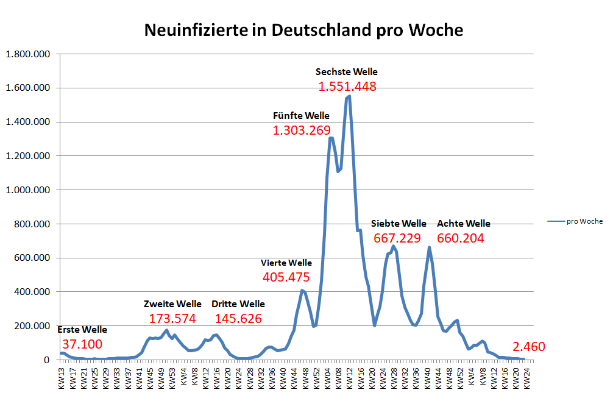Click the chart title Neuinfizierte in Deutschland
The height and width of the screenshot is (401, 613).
(303, 30)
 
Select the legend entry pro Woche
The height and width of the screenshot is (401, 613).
(584, 221)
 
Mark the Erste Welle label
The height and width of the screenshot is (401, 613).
(82, 329)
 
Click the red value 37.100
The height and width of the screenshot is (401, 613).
(82, 344)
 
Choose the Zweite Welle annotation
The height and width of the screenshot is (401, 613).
(172, 303)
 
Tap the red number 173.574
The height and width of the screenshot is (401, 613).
(172, 319)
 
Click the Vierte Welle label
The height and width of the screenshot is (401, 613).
(286, 263)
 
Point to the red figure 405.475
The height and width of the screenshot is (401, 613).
(286, 277)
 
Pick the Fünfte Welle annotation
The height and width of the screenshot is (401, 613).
(301, 115)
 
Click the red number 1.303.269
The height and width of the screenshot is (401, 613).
(302, 130)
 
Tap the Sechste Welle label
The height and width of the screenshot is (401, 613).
(347, 72)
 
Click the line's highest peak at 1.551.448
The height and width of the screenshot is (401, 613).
(349, 96)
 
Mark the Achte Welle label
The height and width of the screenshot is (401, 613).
(463, 224)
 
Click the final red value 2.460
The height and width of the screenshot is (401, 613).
(529, 347)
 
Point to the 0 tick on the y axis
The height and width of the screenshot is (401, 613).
(46, 360)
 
